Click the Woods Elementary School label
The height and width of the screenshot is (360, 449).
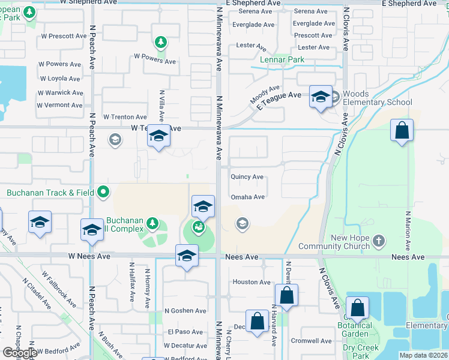point(377,98)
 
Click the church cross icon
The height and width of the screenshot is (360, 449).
point(378,241)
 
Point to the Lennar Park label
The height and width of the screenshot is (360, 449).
point(282,59)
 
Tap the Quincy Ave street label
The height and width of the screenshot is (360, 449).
point(247,177)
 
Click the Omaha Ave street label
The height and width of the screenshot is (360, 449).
point(247,197)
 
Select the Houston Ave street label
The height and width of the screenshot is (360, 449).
point(252,282)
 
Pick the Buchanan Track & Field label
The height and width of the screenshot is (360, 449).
point(51,193)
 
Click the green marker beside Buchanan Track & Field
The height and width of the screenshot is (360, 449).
point(104,193)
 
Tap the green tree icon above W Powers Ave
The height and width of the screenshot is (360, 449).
point(160,42)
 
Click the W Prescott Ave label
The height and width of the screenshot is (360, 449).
point(64,36)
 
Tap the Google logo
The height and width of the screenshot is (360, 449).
point(20,353)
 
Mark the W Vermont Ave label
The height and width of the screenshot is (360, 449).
point(59,105)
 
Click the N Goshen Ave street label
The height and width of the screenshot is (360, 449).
point(188,311)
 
